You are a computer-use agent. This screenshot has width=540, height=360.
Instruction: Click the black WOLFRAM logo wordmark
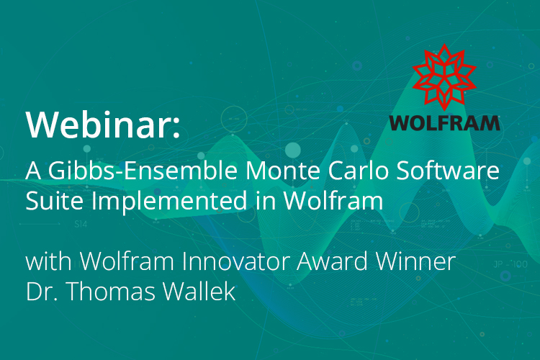(x=444, y=122)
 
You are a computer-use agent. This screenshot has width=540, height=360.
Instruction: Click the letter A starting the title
(x=32, y=172)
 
